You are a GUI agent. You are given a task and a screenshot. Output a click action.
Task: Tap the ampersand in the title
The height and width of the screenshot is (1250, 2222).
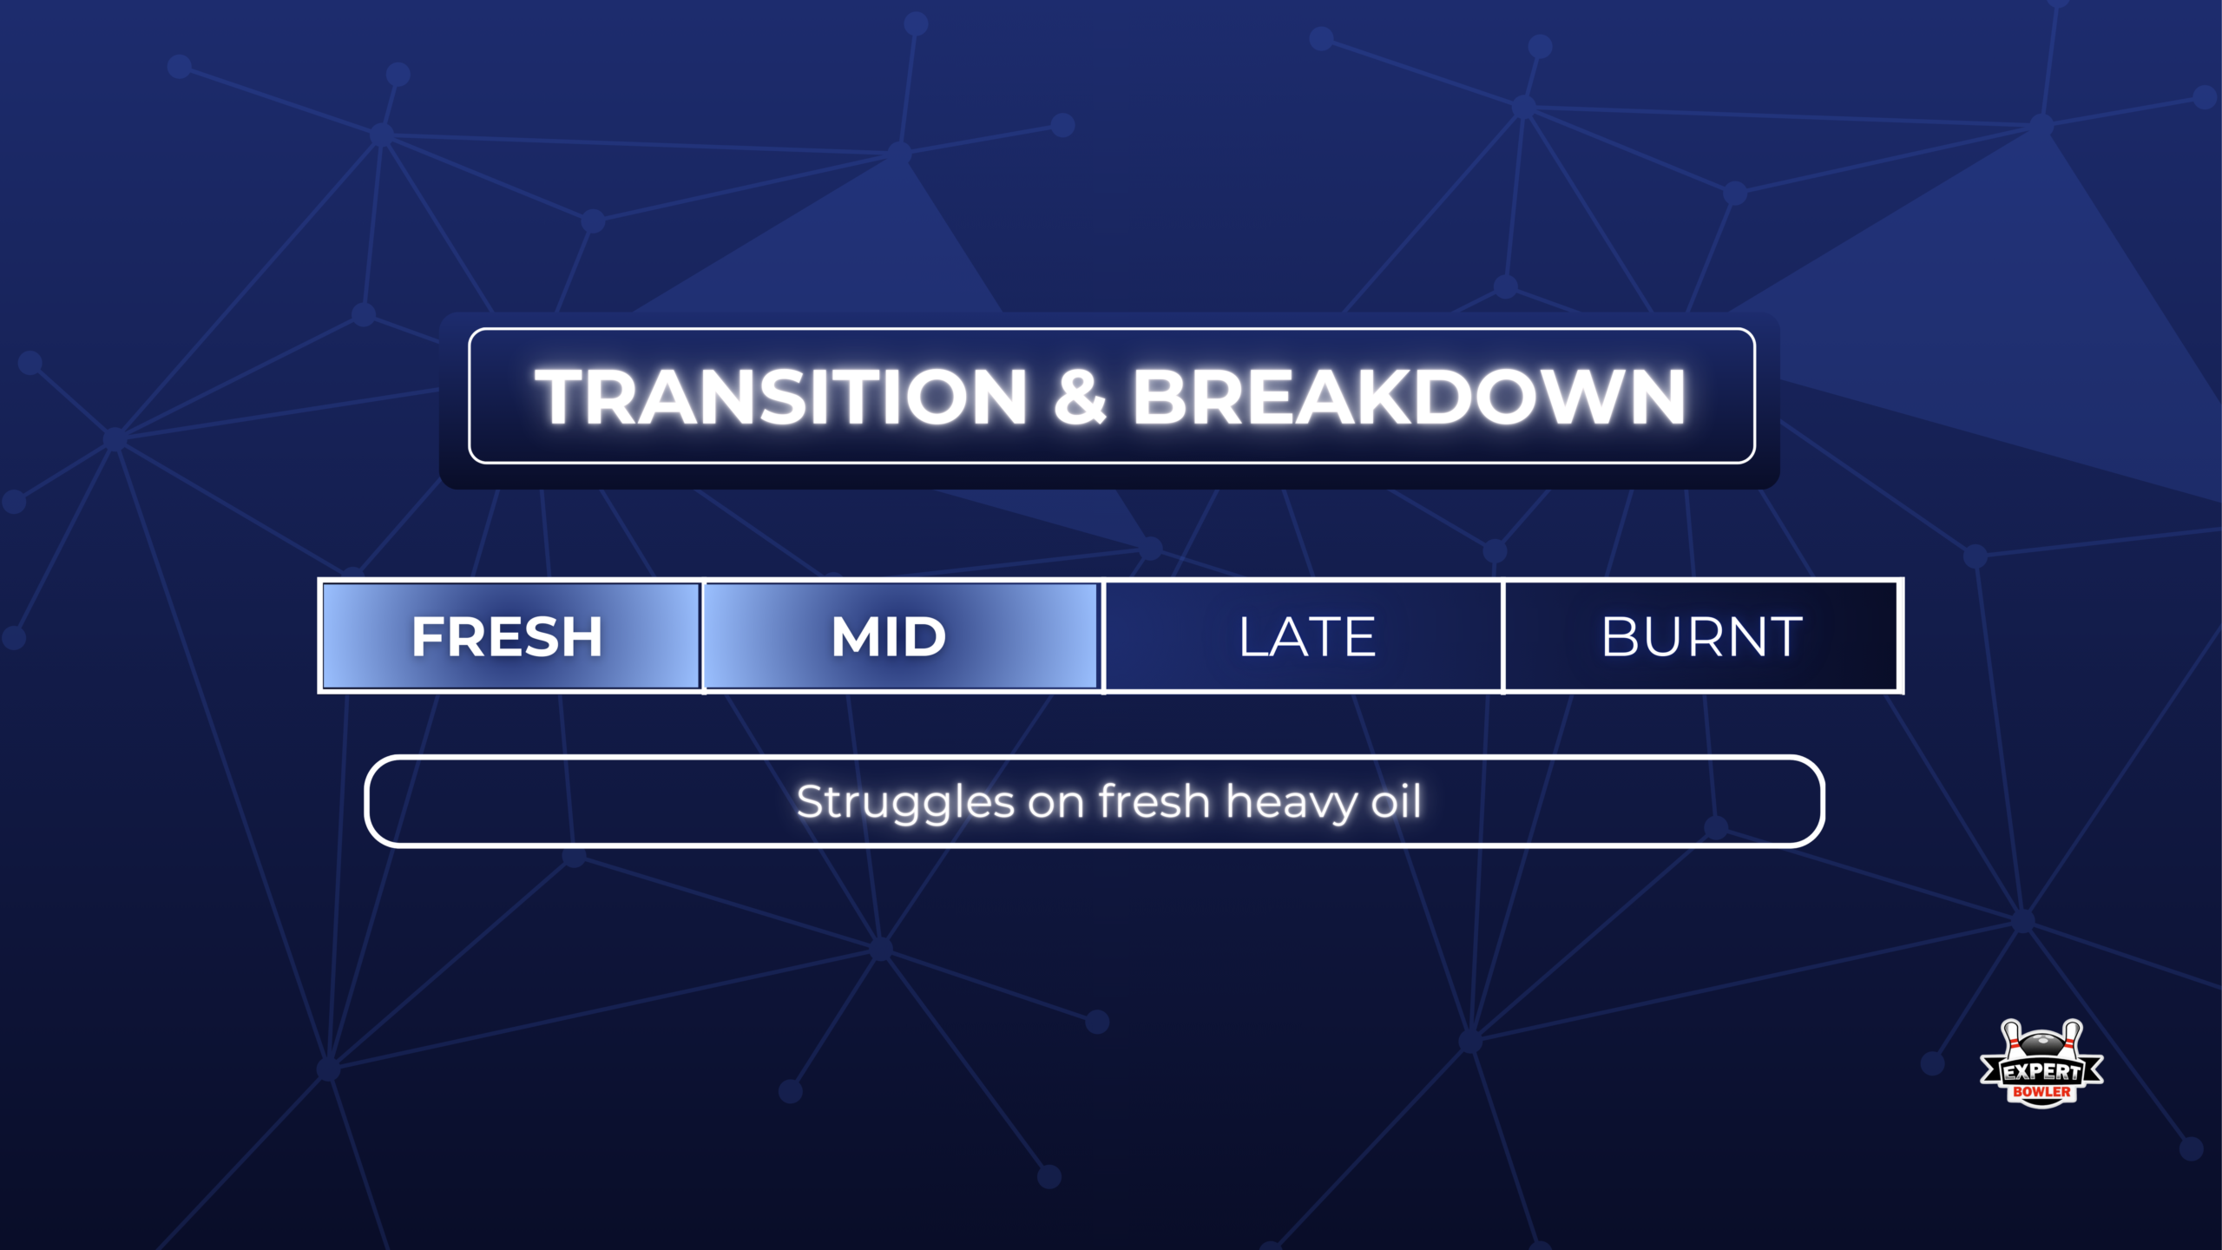(1080, 397)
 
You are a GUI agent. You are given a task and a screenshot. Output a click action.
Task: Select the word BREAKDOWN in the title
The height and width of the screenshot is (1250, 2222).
(1410, 397)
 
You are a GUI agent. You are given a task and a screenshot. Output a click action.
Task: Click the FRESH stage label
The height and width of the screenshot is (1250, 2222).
(507, 636)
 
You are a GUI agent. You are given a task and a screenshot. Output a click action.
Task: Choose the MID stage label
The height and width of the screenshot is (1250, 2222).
(888, 636)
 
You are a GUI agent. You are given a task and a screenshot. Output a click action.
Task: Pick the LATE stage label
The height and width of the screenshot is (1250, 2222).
(1307, 636)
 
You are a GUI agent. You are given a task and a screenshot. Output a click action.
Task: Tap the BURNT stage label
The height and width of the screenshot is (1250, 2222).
(1702, 636)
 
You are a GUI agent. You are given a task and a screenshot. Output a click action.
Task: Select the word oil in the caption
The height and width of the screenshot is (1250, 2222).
(1397, 800)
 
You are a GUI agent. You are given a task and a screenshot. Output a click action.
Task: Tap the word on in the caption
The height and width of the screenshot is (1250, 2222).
(1056, 803)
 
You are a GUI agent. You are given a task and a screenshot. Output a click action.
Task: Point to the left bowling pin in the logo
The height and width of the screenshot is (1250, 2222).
(2011, 1039)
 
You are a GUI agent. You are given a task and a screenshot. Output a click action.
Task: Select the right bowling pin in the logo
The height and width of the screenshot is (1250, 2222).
(2072, 1039)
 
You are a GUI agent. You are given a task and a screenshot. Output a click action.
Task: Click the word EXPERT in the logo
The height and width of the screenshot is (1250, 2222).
(2041, 1072)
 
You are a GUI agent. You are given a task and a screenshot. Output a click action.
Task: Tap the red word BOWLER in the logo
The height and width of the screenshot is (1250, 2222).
(2041, 1092)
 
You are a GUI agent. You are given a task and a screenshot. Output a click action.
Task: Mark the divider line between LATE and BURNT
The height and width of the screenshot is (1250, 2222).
(1502, 636)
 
